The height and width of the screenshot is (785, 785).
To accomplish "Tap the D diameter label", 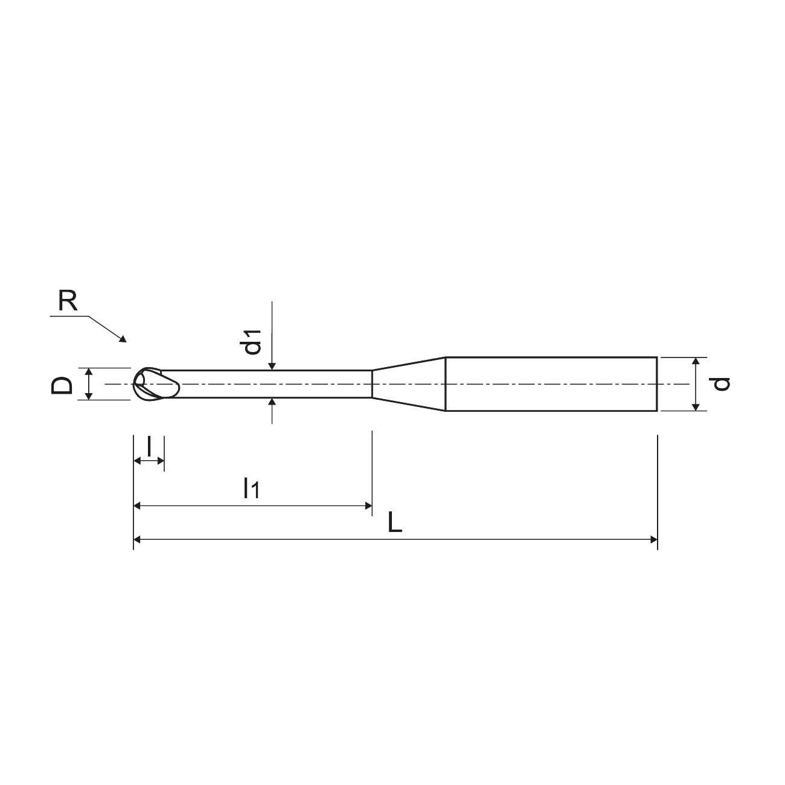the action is (62, 385).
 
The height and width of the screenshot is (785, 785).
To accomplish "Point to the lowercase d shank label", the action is (719, 384).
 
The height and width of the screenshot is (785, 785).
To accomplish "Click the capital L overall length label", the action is (395, 523).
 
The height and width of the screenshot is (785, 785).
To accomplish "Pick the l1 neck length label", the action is (251, 488).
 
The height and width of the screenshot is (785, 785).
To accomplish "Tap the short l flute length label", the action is (149, 446).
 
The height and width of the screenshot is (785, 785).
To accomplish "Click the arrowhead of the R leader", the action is (123, 339).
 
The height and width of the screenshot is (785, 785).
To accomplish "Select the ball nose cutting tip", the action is (156, 383).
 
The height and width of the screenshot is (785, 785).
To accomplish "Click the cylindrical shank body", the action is (551, 384).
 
